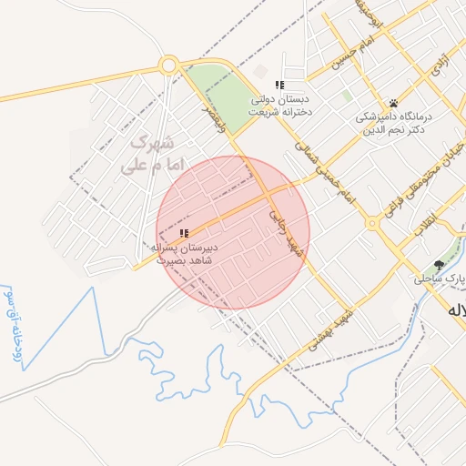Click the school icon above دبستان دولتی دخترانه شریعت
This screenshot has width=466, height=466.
[x=279, y=85]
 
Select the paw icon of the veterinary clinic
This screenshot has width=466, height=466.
[x=393, y=103]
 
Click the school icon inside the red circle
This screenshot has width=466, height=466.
[x=184, y=233]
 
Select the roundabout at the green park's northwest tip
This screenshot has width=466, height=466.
[x=168, y=66]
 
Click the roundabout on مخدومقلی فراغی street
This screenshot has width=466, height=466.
[x=372, y=223]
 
